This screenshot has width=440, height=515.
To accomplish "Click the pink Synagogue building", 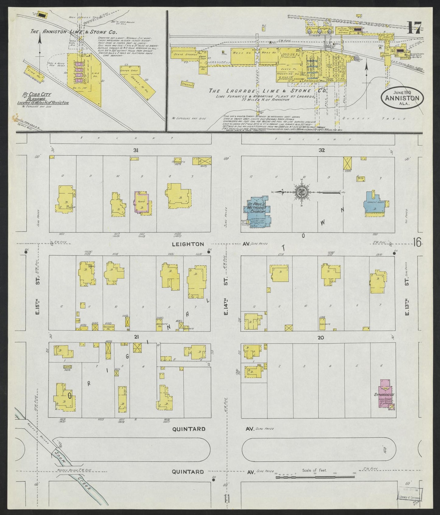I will click(x=384, y=394).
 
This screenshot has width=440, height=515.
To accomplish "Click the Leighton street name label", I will click(x=188, y=244).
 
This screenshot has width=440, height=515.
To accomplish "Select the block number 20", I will click(x=320, y=337).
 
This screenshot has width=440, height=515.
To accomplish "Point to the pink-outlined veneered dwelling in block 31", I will click(x=141, y=202).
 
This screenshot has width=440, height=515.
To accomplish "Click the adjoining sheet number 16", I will click(x=417, y=243).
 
